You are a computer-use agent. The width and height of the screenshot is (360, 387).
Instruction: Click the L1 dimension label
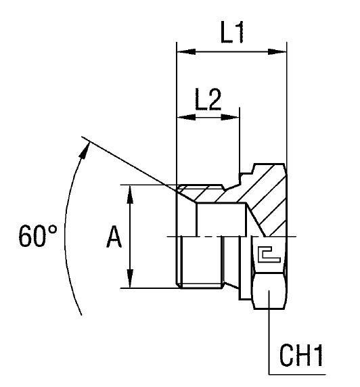tap(232, 35)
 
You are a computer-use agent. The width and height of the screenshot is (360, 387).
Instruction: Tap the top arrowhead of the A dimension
tap(130, 190)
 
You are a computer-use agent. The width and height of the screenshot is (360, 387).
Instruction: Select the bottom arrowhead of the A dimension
tap(130, 283)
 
